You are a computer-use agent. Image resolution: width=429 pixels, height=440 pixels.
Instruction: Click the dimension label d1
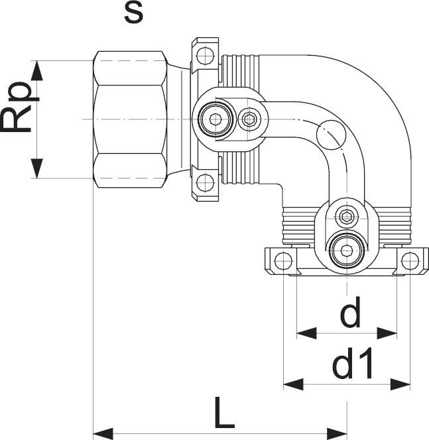[353, 364]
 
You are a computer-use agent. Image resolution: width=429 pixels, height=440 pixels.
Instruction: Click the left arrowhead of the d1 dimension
[290, 383]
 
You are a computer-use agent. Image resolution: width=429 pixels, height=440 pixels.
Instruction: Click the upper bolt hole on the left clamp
[206, 54]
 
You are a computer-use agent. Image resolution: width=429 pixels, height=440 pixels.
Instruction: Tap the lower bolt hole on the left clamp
[206, 180]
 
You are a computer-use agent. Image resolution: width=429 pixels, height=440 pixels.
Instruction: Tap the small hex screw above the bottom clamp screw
[346, 216]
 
